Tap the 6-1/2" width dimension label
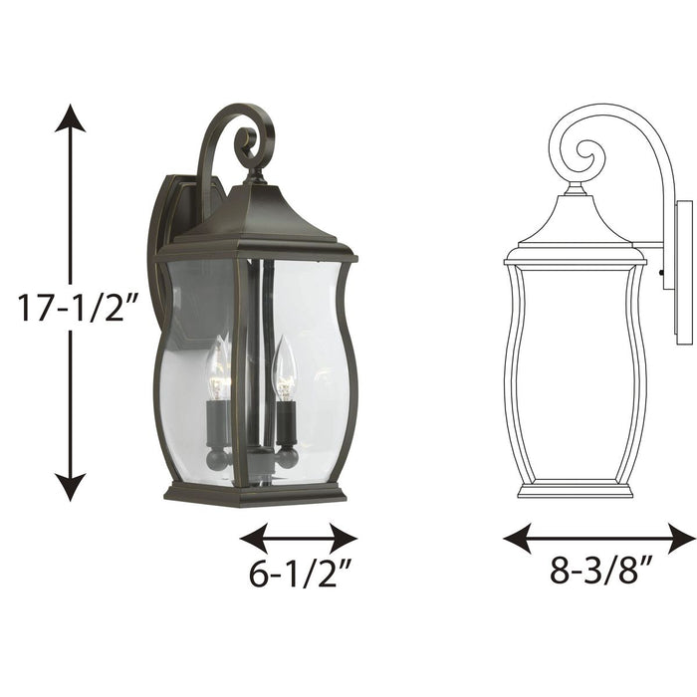[x=298, y=577]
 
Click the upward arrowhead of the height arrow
[x=70, y=117]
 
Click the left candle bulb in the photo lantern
[x=216, y=368]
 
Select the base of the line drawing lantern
[x=576, y=489]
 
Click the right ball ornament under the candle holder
[x=286, y=457]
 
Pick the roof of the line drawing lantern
[x=576, y=224]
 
